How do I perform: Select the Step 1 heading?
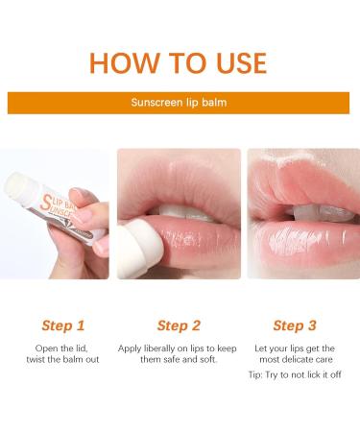tap(63, 326)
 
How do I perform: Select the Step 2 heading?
tap(179, 326)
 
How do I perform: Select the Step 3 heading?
tap(294, 326)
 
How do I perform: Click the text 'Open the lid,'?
tap(63, 347)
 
